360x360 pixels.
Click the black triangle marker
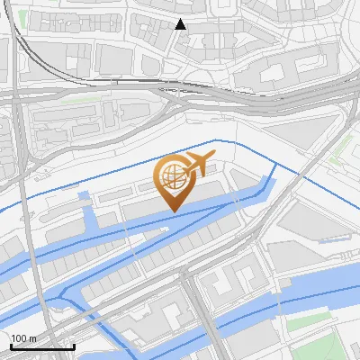[x=181, y=24]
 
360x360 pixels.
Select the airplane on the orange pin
[x=199, y=164]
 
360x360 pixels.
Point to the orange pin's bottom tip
[x=172, y=211]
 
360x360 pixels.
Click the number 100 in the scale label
[x=20, y=338]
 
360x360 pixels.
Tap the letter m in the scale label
[x=32, y=338]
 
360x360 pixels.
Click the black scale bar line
[x=41, y=346]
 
